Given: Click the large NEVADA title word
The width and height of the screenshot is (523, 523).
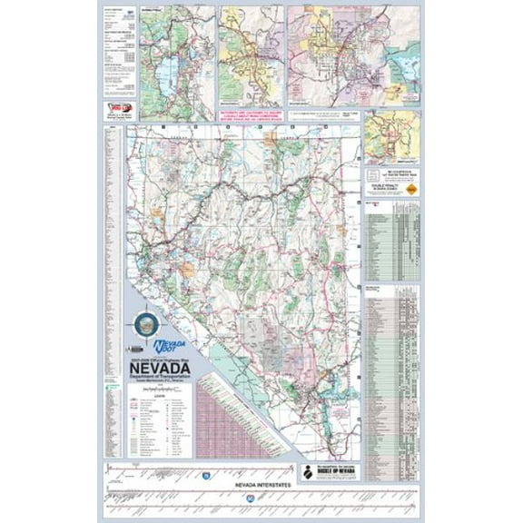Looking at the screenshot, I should click(162, 367).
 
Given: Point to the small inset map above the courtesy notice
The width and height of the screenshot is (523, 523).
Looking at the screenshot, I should click(392, 136).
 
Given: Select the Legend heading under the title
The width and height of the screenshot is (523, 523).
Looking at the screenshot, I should click(162, 396).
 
